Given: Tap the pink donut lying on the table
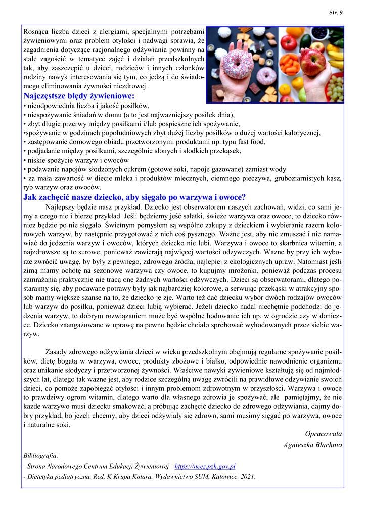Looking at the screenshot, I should click(266, 76).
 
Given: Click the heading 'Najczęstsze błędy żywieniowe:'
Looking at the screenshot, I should click(79, 95).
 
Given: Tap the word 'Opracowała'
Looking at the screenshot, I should click(324, 434).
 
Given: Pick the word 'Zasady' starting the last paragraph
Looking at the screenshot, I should click(57, 351).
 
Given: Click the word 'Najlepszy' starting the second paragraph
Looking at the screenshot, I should click(61, 207).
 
